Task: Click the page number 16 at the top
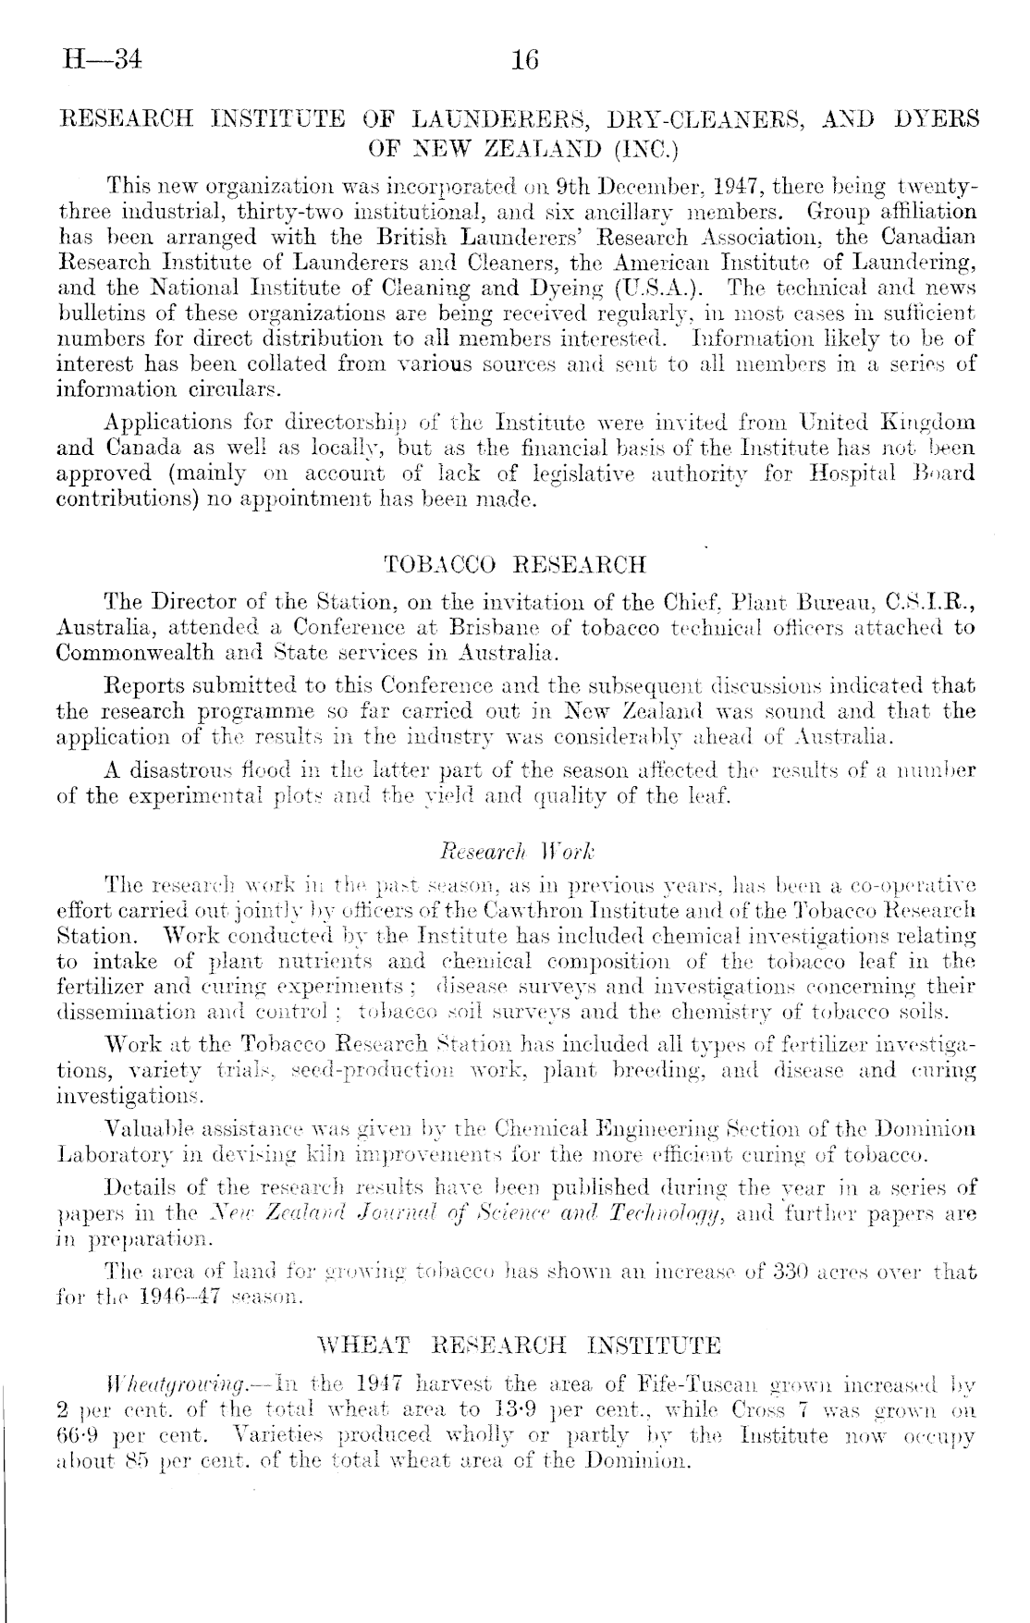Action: click(524, 61)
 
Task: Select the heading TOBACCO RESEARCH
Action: click(514, 564)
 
